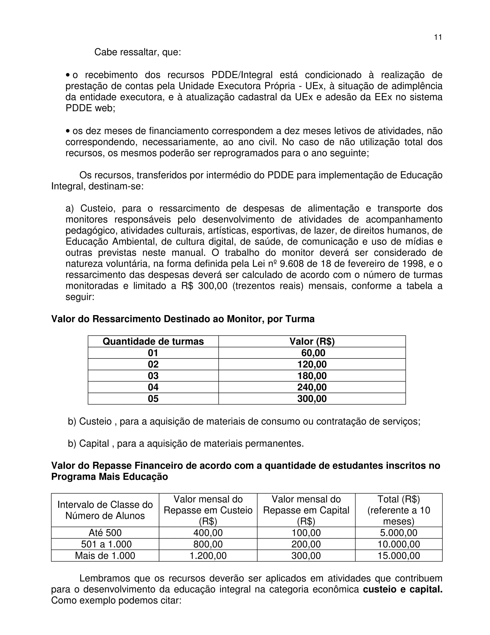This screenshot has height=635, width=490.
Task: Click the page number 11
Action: coord(438,37)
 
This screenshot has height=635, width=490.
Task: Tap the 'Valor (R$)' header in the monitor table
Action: coord(312,341)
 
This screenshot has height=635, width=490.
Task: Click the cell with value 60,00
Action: coord(313,353)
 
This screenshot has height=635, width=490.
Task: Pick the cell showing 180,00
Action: coord(312,376)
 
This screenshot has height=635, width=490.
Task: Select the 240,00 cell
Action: coord(312,387)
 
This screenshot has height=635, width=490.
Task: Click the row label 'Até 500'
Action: coord(105,533)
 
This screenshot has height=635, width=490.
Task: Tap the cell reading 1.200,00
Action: coord(208,556)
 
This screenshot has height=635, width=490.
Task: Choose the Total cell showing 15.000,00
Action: coord(399,556)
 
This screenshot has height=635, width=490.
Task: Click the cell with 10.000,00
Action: coord(399,544)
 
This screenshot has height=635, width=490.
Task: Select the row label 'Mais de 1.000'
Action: coord(105,556)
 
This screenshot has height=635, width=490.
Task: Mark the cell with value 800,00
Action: coord(208,544)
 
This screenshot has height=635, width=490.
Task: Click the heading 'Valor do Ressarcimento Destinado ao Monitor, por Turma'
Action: coord(183,319)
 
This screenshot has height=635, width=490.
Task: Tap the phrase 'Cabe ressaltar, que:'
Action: coord(138,52)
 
